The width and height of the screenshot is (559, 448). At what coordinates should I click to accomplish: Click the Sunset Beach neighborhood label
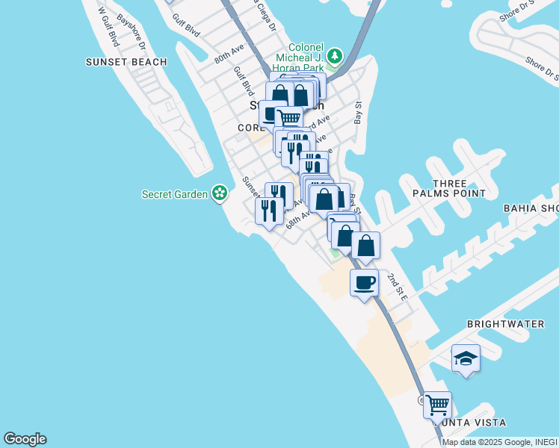[x=126, y=62]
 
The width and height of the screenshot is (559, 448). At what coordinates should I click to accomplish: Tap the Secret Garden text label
[x=176, y=194]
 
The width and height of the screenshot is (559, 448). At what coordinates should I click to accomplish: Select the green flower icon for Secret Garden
[x=219, y=194]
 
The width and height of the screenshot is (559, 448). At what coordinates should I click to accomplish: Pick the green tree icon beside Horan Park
[x=336, y=56]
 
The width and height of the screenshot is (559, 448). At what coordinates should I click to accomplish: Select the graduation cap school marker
[x=465, y=358]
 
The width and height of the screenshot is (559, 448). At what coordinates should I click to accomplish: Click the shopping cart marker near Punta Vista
[x=437, y=405]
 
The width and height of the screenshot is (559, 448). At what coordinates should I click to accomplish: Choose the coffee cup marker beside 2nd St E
[x=364, y=283]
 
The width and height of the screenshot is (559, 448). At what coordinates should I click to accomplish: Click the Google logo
[x=25, y=439]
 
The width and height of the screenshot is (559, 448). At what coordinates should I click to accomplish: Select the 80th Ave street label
[x=229, y=53]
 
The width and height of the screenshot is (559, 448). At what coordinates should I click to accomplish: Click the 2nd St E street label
[x=397, y=287]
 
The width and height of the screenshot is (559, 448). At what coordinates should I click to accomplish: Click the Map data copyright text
[x=499, y=442]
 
